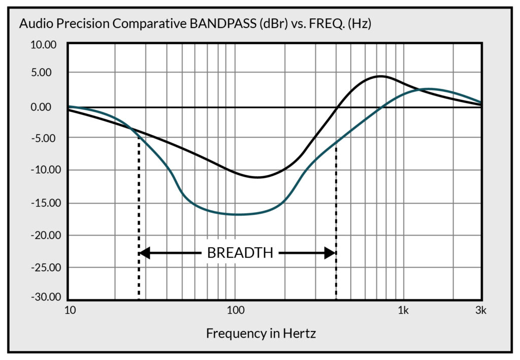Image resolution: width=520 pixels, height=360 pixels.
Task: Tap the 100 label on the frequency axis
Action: (235, 310)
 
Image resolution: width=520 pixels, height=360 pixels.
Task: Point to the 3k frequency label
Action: (480, 310)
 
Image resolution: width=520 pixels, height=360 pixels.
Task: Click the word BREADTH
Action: (240, 253)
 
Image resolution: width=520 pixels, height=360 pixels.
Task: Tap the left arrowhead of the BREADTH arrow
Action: (144, 252)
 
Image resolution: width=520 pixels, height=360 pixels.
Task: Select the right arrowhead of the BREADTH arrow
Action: (331, 252)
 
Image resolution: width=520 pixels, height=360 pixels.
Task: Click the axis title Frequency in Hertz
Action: (261, 334)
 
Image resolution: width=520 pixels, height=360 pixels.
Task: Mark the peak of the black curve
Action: (380, 76)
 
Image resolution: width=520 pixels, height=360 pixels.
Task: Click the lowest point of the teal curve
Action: (237, 214)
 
